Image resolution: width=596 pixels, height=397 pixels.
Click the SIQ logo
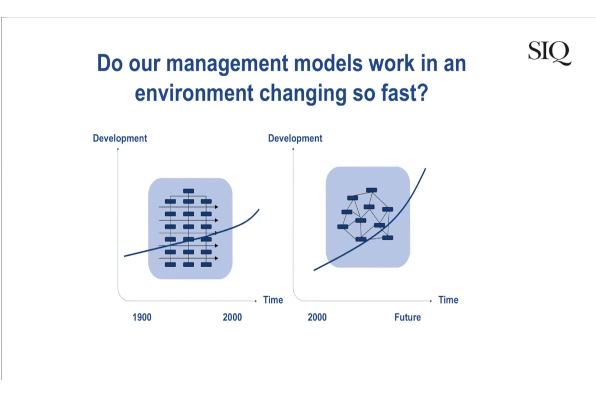(x=550, y=52)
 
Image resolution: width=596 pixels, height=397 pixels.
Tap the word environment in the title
(x=194, y=93)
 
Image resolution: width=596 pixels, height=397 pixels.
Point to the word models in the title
(x=328, y=64)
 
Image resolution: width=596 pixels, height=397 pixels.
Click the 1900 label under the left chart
(x=142, y=317)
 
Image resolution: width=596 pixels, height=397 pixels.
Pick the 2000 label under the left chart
(x=232, y=317)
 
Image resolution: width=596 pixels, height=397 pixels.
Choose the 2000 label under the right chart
(x=317, y=317)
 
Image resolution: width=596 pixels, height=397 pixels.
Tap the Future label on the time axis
(x=408, y=317)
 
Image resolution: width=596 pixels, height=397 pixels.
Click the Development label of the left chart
(x=120, y=139)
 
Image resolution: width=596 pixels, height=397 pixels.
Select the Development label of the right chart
(x=295, y=139)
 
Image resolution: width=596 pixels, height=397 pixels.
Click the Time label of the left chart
(x=273, y=300)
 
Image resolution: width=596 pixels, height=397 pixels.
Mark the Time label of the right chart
(x=448, y=300)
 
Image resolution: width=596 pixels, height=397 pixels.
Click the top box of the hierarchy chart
(x=189, y=191)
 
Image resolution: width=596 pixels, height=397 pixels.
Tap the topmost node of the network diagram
(x=372, y=190)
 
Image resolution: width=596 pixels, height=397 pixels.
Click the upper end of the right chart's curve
(x=426, y=169)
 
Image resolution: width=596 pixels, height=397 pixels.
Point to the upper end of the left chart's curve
(x=259, y=210)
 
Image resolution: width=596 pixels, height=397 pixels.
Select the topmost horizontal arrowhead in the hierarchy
(x=217, y=207)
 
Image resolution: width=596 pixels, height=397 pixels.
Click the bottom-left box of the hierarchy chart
(x=170, y=264)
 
